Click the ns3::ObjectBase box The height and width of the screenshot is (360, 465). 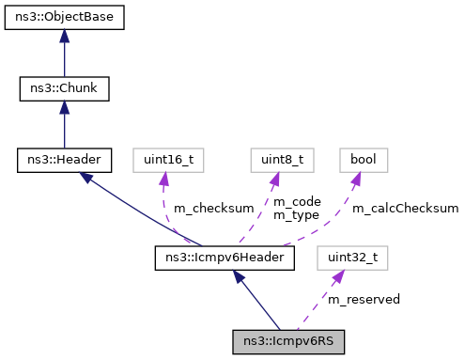click(x=64, y=18)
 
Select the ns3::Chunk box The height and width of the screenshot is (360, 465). click(x=64, y=89)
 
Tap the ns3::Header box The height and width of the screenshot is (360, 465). click(x=64, y=160)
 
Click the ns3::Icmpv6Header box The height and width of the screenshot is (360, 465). click(x=225, y=256)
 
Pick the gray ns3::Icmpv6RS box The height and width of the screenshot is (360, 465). click(x=288, y=340)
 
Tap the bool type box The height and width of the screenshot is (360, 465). click(x=363, y=160)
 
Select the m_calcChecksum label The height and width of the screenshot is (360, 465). click(x=405, y=208)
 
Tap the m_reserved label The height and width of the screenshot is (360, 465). click(x=364, y=299)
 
